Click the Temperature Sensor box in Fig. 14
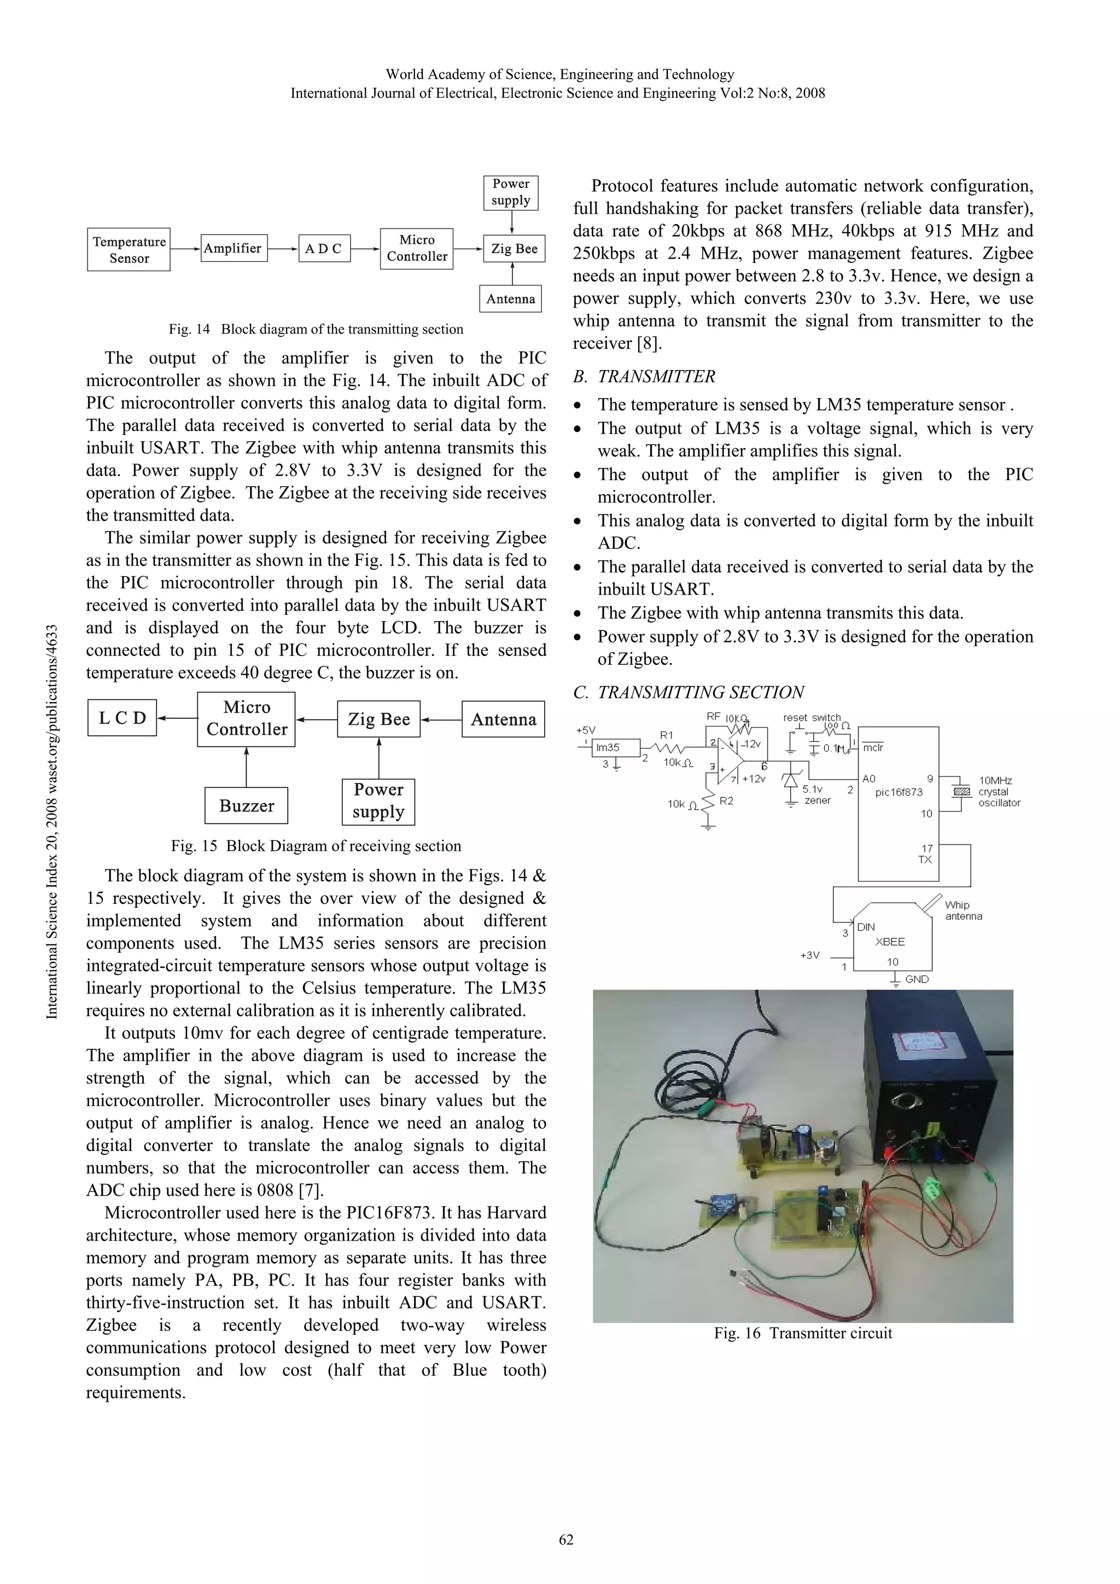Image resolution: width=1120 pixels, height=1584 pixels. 129,250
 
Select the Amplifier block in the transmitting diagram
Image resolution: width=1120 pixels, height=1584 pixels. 232,248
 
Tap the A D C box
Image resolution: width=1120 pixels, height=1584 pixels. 324,248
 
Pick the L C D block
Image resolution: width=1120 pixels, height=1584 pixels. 122,718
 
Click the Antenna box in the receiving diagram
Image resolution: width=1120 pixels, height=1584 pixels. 503,719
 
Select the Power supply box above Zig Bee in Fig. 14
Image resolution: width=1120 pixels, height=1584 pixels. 511,192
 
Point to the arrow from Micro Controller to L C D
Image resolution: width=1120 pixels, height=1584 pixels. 177,718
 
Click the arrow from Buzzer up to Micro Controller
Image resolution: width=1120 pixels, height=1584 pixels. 246,767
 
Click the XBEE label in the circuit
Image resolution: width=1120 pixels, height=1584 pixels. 890,942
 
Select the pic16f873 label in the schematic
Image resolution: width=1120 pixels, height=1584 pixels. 899,792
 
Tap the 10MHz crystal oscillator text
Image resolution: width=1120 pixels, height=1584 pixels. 999,792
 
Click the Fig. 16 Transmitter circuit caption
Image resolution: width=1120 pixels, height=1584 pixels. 803,1333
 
